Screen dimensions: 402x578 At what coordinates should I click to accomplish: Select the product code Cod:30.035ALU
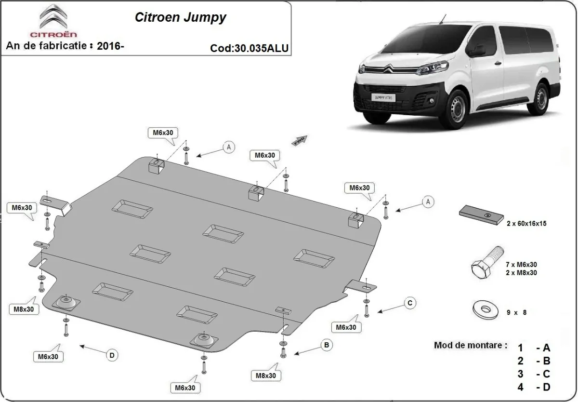pos(250,48)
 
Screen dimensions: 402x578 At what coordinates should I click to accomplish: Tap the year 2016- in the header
pos(110,46)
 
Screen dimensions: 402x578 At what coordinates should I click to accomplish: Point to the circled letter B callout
pos(327,345)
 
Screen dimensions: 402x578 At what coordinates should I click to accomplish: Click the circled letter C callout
pos(409,303)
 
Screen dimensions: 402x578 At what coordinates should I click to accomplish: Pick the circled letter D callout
pos(112,355)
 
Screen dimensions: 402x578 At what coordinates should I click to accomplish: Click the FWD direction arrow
pos(299,140)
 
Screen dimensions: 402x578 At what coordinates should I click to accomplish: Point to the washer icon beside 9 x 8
pos(485,309)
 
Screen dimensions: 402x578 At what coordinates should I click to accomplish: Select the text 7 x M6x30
pos(521,264)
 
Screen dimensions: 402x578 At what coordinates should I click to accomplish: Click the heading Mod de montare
pos(470,345)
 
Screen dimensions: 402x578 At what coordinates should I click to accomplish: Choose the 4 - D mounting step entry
pos(534,387)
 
